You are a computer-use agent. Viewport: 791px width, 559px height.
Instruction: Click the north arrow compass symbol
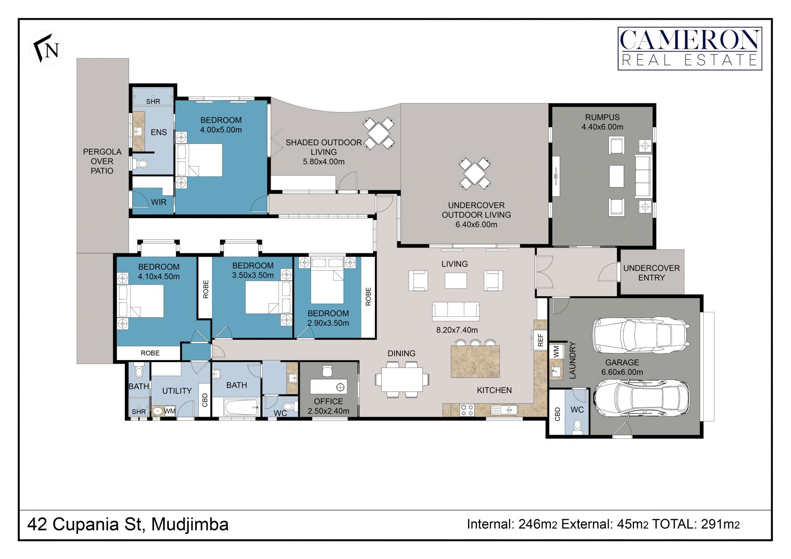click(47, 48)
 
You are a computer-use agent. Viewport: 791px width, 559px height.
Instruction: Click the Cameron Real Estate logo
click(690, 49)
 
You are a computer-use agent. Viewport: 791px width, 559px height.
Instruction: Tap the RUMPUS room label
click(602, 117)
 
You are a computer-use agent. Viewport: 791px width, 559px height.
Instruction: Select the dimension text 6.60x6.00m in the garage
click(622, 372)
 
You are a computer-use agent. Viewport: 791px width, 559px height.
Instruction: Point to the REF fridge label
click(541, 340)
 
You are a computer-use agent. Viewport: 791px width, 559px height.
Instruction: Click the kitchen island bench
click(475, 361)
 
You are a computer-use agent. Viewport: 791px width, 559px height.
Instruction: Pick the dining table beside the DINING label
click(402, 379)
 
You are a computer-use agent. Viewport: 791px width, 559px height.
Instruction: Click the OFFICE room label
click(328, 401)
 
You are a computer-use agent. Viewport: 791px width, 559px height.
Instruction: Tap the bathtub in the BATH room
click(241, 407)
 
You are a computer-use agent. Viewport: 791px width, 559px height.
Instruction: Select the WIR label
click(159, 202)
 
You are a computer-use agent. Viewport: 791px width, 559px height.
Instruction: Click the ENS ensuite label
click(159, 132)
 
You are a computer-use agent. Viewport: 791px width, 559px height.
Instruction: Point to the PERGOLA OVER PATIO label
click(102, 161)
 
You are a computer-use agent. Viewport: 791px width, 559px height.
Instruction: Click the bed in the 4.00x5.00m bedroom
click(199, 160)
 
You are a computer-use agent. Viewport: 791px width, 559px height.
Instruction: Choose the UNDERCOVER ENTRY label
click(651, 273)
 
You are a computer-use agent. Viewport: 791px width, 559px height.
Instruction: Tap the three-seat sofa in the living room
click(456, 311)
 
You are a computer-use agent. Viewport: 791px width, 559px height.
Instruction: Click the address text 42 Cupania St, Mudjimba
click(128, 524)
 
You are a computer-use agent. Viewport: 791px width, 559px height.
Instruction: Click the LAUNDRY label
click(572, 360)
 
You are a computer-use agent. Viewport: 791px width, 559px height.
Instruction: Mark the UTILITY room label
click(177, 391)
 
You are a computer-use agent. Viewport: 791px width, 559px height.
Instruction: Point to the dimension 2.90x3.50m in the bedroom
click(328, 323)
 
